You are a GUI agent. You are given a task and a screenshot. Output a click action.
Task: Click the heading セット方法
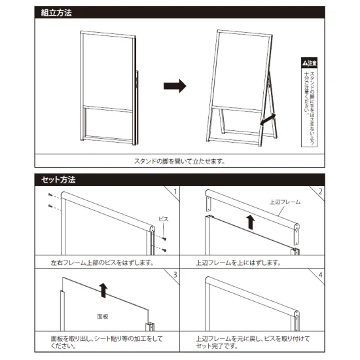[x=59, y=178]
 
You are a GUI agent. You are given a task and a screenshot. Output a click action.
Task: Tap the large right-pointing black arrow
[x=175, y=86]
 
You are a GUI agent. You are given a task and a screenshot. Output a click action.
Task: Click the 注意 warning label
[x=309, y=63]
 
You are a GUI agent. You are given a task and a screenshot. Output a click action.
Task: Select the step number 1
[x=175, y=192]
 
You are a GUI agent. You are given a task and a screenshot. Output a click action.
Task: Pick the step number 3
[x=175, y=272]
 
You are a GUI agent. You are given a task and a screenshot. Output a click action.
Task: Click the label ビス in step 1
[x=164, y=219]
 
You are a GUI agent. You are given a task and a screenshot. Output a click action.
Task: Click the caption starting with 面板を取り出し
[x=106, y=343]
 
